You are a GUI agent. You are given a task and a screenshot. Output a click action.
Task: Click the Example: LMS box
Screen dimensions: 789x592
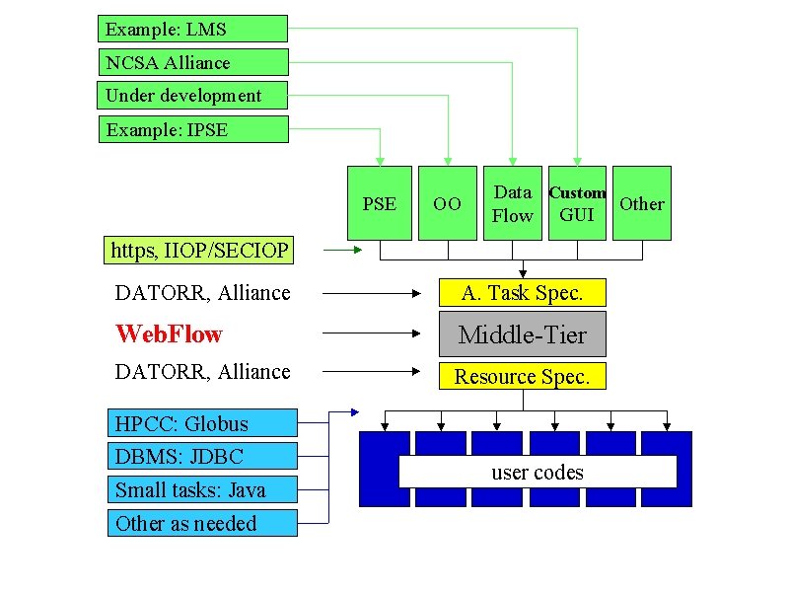pos(192,29)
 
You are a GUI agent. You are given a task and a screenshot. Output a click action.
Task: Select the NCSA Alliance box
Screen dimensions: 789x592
pos(193,62)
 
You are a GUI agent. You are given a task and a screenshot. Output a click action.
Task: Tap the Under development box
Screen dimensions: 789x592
pos(192,95)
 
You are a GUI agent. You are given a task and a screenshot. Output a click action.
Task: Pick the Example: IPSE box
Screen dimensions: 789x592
pos(193,129)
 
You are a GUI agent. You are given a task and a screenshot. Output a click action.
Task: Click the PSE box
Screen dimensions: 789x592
pos(380,203)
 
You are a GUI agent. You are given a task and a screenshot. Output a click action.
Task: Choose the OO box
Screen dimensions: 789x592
pos(448,203)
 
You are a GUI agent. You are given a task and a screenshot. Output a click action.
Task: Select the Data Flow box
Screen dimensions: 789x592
pos(513,203)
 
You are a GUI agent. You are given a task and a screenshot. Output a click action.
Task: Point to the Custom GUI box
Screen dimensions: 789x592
pos(577,203)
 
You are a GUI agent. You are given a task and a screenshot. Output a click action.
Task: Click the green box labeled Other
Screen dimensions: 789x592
pos(642,203)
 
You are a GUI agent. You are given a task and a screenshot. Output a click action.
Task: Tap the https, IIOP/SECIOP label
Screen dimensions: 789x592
pos(199,251)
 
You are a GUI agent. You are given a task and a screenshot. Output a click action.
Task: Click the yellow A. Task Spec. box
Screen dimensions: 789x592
pos(523,292)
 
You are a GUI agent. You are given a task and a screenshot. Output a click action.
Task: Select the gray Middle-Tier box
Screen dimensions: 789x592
pos(523,334)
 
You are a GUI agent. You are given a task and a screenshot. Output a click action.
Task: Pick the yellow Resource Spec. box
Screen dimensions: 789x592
pos(523,376)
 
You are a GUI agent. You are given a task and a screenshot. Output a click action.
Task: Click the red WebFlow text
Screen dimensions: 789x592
pos(169,333)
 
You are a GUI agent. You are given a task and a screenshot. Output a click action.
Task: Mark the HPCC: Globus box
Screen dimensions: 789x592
pos(203,423)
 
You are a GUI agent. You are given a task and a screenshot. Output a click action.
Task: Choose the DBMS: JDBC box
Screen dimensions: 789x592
pos(203,456)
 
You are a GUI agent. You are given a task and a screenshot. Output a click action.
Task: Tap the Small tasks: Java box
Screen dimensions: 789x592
pos(203,489)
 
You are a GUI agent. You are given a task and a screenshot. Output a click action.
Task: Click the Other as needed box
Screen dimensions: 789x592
pos(203,523)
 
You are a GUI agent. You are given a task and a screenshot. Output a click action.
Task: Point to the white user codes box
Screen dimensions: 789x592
pos(538,472)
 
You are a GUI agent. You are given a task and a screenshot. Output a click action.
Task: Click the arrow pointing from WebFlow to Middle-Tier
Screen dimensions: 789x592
pos(372,333)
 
